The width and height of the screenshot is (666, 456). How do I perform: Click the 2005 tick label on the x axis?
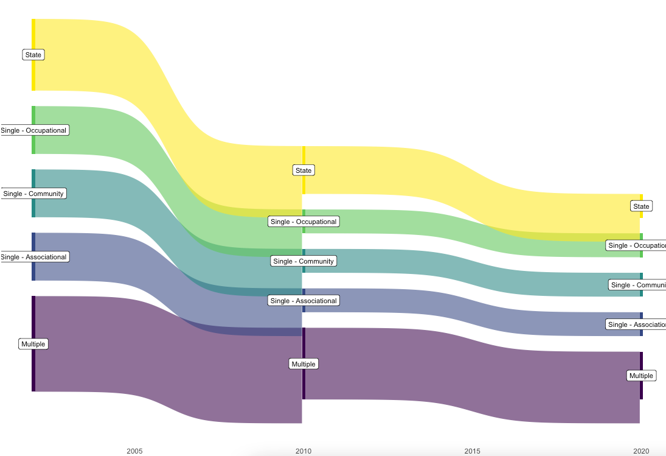coord(134,451)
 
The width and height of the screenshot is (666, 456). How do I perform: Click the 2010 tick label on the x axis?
coord(304,451)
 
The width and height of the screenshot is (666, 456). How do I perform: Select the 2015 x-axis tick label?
coord(472,451)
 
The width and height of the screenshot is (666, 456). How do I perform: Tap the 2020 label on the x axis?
coord(641,451)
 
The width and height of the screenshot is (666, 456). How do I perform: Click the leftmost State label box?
coord(33,55)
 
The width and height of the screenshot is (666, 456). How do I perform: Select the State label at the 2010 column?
coord(304,170)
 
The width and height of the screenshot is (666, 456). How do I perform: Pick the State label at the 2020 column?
coord(641,206)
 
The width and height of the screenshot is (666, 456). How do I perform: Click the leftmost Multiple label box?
coord(33,344)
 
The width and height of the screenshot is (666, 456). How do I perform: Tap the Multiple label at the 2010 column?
coord(304,364)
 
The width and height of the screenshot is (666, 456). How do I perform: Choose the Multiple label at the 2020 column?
coord(641,376)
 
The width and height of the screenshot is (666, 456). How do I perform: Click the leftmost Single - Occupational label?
coord(34,130)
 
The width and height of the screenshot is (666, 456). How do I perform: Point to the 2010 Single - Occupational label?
coord(304,222)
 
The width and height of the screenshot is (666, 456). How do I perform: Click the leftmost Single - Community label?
coord(33,194)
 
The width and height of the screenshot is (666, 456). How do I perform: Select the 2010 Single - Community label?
coord(304,261)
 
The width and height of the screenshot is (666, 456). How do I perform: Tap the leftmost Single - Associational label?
coord(34,257)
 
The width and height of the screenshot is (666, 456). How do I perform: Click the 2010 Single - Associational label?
coord(304,301)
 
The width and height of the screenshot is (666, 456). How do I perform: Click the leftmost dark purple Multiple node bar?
coord(33,371)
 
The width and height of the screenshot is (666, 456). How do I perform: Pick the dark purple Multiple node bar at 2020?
coord(641,393)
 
